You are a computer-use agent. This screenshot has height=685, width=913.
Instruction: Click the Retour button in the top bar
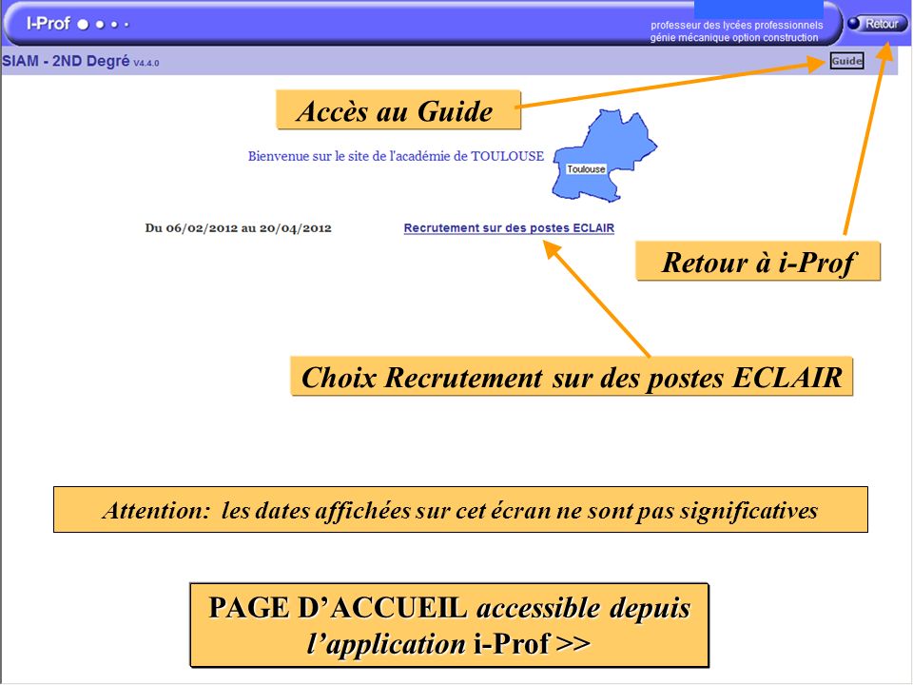(877, 24)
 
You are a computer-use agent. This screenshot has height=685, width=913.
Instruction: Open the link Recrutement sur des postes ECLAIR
(509, 228)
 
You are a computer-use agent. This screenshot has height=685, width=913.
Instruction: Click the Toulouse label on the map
(586, 169)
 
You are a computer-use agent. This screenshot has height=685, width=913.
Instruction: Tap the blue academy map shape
(618, 143)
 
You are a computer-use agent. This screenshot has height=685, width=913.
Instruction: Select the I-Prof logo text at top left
(49, 23)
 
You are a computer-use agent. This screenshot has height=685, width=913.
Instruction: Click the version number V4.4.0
(146, 63)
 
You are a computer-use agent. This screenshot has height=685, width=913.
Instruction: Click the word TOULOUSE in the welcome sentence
(508, 156)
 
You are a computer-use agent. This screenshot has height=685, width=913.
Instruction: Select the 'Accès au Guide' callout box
(398, 110)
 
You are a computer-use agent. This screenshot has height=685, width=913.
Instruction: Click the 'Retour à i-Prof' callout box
(758, 262)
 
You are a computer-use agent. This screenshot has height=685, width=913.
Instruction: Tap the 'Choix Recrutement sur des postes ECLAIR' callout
(572, 377)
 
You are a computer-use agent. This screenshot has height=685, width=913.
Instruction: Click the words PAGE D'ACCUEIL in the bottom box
(338, 608)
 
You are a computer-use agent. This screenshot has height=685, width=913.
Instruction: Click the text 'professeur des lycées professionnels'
(736, 25)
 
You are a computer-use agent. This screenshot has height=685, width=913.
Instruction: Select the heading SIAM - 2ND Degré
(66, 62)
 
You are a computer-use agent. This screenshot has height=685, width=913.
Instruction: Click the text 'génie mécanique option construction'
(733, 38)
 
